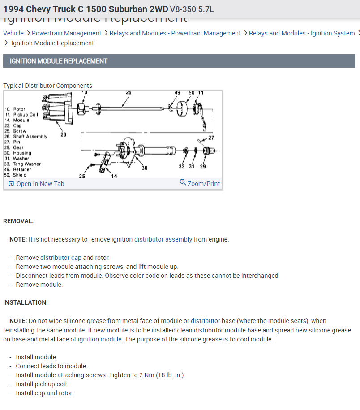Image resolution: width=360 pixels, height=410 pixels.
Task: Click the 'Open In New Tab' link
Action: click(40, 184)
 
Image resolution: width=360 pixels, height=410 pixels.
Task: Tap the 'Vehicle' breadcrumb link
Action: click(13, 33)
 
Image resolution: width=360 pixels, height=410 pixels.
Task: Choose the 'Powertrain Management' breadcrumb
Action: click(67, 33)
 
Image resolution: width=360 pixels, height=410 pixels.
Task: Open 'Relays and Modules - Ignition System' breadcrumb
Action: click(302, 33)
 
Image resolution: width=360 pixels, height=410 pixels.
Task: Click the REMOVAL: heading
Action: click(18, 221)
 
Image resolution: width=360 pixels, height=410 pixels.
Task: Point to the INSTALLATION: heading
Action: click(26, 302)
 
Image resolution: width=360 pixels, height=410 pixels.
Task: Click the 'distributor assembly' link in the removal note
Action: click(163, 239)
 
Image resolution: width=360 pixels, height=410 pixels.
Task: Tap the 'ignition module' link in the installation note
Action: click(99, 339)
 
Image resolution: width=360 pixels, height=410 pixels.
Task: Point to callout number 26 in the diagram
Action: click(129, 93)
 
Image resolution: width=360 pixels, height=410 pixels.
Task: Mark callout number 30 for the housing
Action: click(144, 168)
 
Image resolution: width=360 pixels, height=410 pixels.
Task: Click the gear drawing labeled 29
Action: click(206, 151)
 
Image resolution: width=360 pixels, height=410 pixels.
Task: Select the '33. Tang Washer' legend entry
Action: click(22, 164)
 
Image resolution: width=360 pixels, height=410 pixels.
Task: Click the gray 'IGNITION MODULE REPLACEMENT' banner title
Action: click(59, 61)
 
